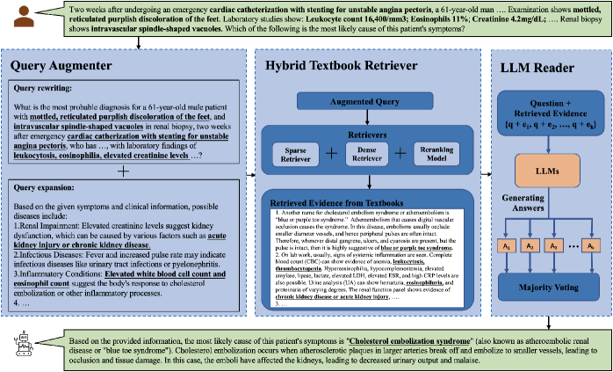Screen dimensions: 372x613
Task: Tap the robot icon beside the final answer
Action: click(18, 345)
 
